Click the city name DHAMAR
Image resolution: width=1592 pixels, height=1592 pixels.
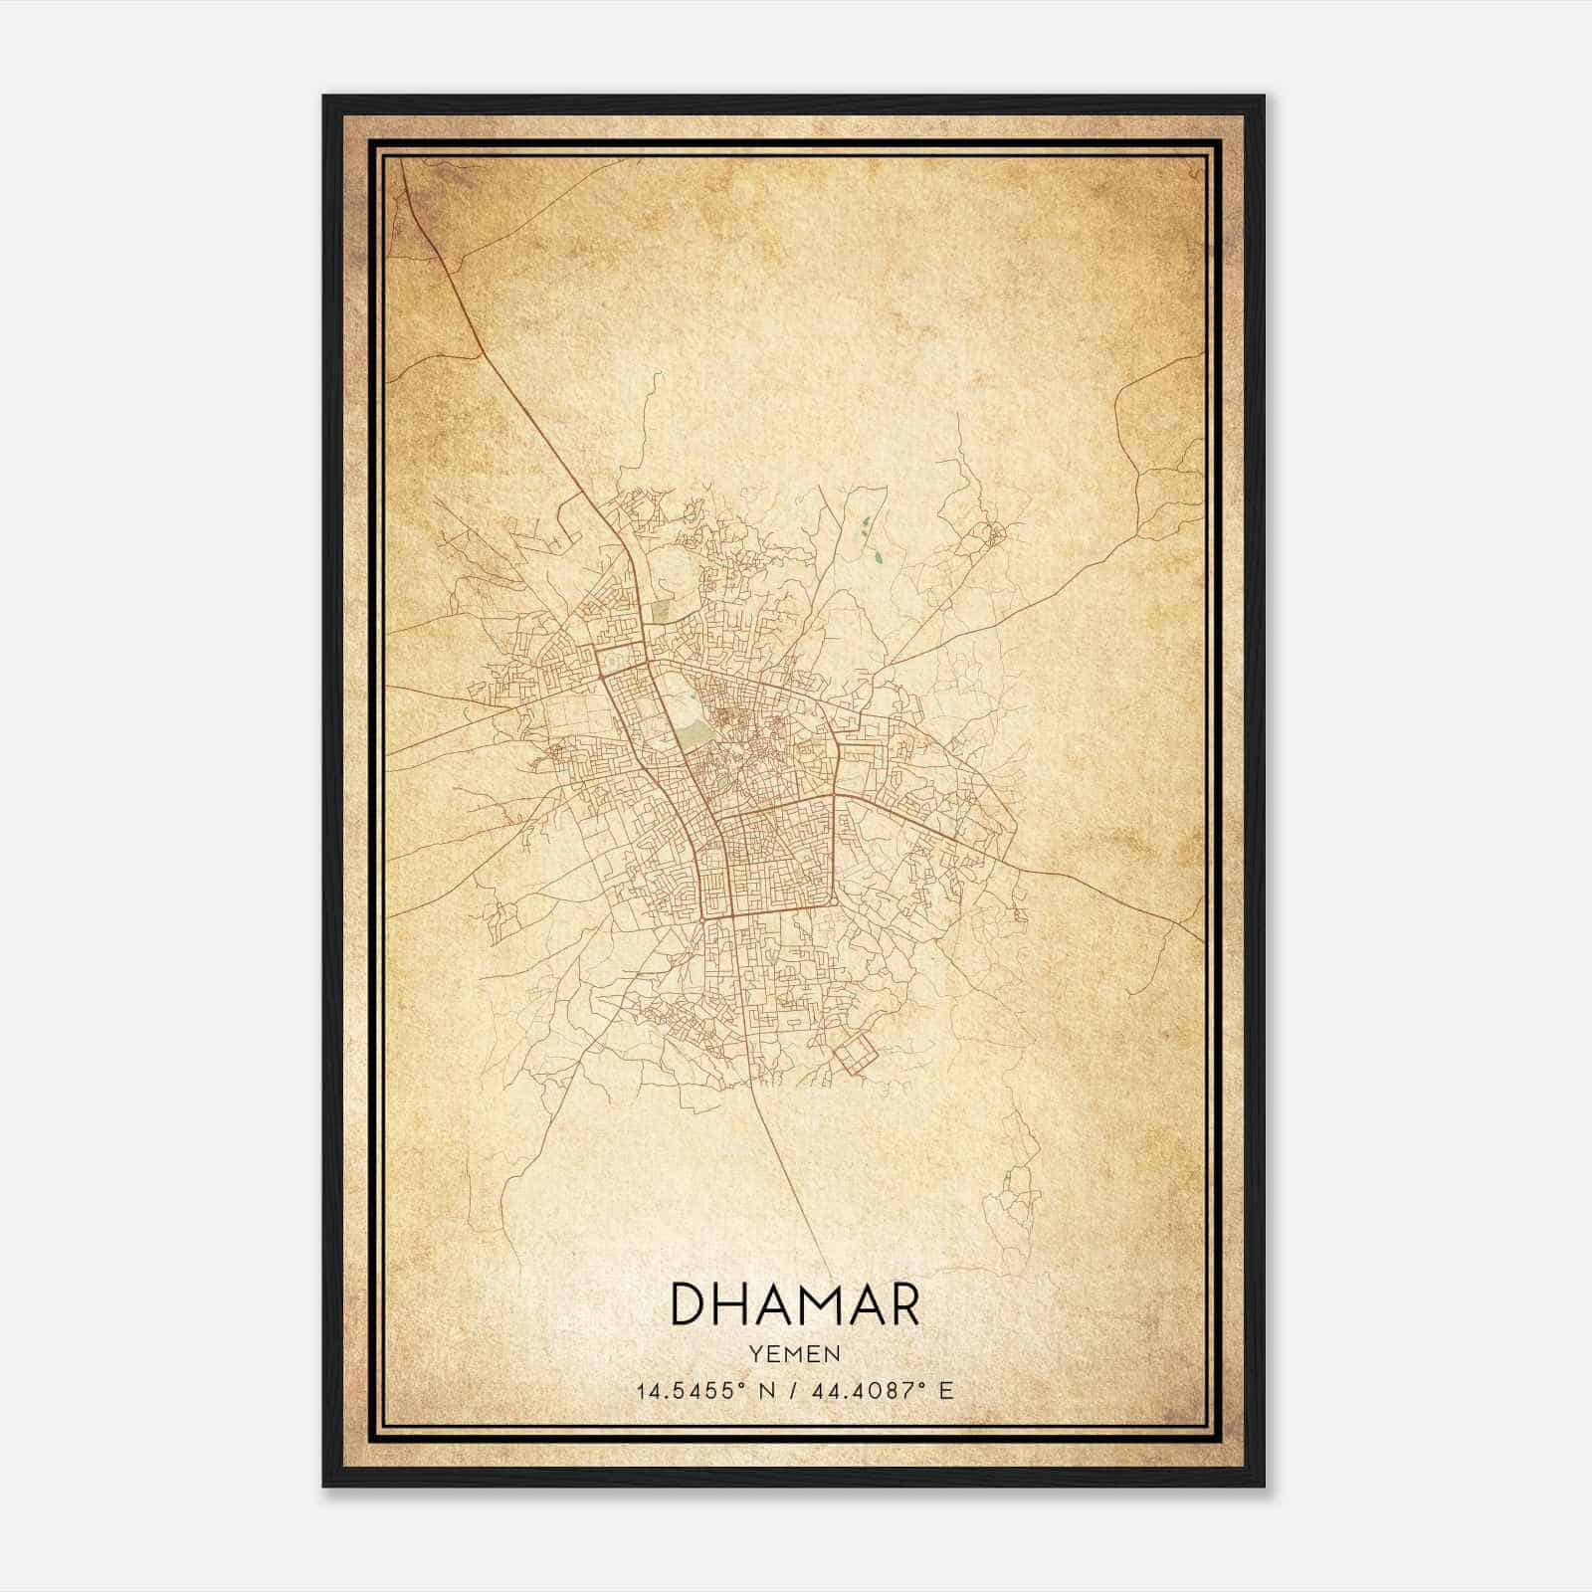click(x=795, y=1304)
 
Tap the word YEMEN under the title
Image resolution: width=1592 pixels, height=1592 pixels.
click(x=795, y=1354)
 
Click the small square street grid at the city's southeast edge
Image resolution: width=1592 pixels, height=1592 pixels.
click(x=855, y=1056)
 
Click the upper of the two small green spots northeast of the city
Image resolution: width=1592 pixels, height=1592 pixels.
click(x=865, y=521)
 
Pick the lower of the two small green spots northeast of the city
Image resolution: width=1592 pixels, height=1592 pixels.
click(x=876, y=556)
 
